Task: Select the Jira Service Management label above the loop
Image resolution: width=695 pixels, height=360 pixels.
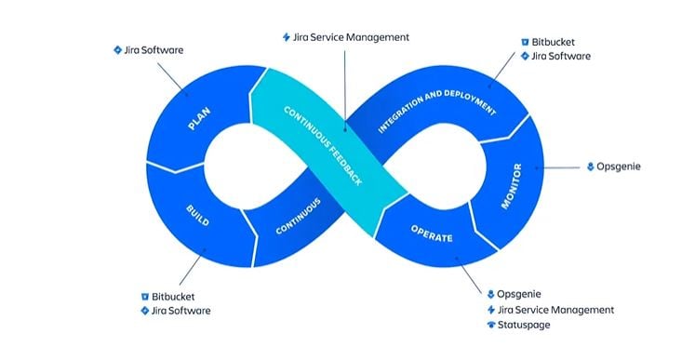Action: (352, 37)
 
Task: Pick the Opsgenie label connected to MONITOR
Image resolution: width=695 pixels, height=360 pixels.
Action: (620, 167)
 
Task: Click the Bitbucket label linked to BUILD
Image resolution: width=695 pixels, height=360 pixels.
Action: (178, 295)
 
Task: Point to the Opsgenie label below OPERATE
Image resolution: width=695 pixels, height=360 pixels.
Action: (519, 293)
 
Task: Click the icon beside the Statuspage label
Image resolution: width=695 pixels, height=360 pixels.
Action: (490, 325)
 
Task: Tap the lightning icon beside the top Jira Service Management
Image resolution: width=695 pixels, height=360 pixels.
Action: (286, 37)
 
